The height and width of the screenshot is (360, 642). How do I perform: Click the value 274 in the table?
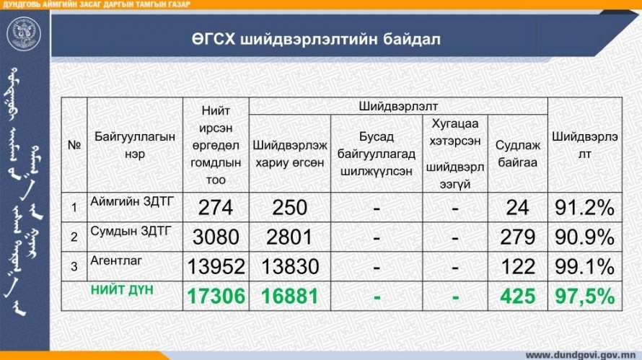click(216, 208)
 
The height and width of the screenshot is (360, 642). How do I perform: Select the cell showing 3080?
click(216, 237)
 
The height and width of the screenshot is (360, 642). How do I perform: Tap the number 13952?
click(216, 267)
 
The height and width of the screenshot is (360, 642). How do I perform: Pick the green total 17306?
click(216, 296)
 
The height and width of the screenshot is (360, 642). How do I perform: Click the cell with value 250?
click(289, 208)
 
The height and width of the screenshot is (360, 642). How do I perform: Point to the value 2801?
click(289, 237)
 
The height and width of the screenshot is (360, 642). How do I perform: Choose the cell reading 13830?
click(290, 267)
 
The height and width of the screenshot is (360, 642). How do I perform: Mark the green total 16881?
click(290, 296)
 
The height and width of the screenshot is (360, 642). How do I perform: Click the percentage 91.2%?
click(585, 208)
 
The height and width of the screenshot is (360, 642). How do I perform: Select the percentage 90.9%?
click(585, 237)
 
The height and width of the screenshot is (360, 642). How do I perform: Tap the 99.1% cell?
click(585, 267)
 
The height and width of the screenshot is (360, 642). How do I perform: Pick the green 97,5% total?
click(585, 296)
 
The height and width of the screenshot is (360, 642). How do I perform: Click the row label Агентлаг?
click(116, 260)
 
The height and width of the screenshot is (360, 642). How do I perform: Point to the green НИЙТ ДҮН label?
click(122, 290)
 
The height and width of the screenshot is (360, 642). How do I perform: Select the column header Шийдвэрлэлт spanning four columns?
click(398, 107)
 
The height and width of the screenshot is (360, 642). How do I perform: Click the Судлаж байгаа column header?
click(517, 154)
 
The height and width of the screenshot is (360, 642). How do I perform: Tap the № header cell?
click(74, 145)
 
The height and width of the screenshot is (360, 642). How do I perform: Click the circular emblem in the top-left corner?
click(24, 34)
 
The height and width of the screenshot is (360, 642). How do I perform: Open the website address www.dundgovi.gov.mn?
click(580, 355)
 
